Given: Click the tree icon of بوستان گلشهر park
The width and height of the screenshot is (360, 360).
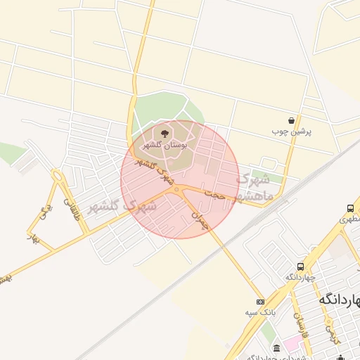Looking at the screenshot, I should coord(165,132).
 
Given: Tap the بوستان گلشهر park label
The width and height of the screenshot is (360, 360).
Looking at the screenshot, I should coord(163,145).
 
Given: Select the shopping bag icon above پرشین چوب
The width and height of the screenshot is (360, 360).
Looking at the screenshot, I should coord(291,120).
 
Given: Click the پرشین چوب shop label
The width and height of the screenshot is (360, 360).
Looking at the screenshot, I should coord(290,131).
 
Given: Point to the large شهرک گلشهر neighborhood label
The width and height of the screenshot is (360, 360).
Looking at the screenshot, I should coord(122,207).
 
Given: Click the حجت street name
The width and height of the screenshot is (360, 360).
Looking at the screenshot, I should coord(215,195).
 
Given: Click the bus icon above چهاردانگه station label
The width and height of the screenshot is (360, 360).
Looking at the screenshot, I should coord(301,266).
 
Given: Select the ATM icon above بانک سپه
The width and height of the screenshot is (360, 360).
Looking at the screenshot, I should coord(260,302).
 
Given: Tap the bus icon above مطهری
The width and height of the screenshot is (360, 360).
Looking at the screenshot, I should coord(350,209).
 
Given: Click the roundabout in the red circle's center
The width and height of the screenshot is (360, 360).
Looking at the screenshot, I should coord(175,188).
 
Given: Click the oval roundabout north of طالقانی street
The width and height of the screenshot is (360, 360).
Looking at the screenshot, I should coord(57,176).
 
